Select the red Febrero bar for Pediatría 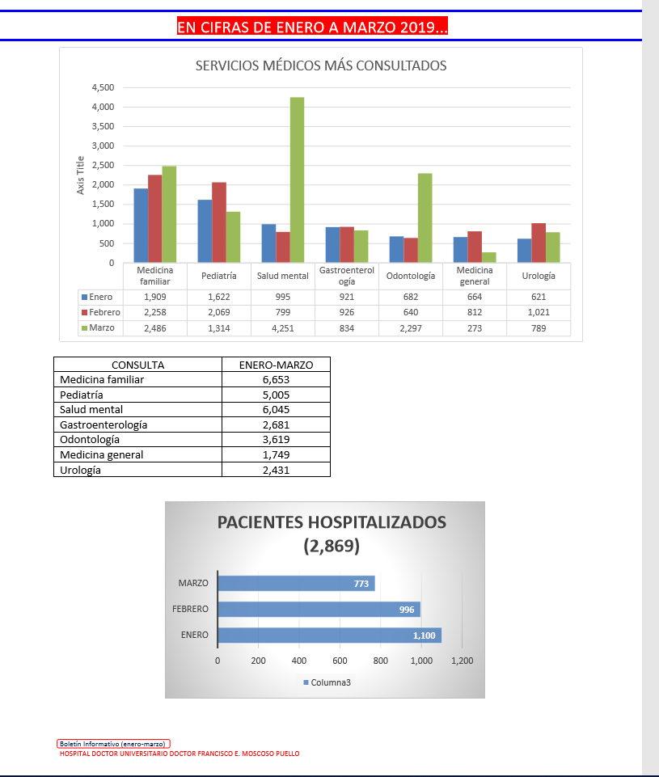tap(219, 222)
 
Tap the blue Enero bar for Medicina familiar tap(141, 226)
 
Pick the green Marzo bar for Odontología tap(425, 217)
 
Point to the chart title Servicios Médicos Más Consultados tap(321, 66)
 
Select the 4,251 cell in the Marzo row tap(283, 328)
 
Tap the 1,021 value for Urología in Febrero tap(539, 312)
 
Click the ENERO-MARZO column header tap(276, 365)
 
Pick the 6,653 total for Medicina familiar tap(276, 379)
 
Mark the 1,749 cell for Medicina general tap(276, 454)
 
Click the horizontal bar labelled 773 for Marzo tap(296, 583)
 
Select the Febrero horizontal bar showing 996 tap(319, 609)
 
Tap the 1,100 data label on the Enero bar tap(424, 636)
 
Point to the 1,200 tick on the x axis tap(462, 661)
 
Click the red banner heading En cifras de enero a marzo tap(312, 27)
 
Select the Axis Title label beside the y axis tap(80, 175)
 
